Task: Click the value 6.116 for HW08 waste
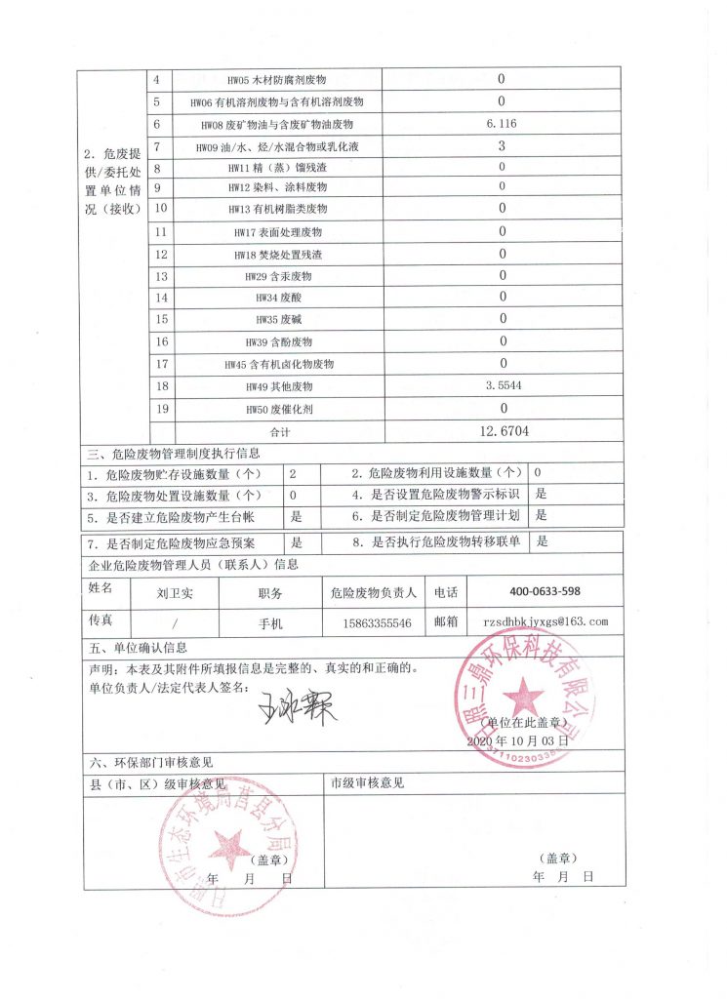click(501, 124)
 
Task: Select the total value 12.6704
click(501, 430)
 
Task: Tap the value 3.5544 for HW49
click(501, 386)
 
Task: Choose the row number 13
click(161, 276)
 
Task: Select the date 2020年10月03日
click(517, 741)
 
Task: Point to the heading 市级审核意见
click(367, 783)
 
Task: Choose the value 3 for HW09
click(501, 145)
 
